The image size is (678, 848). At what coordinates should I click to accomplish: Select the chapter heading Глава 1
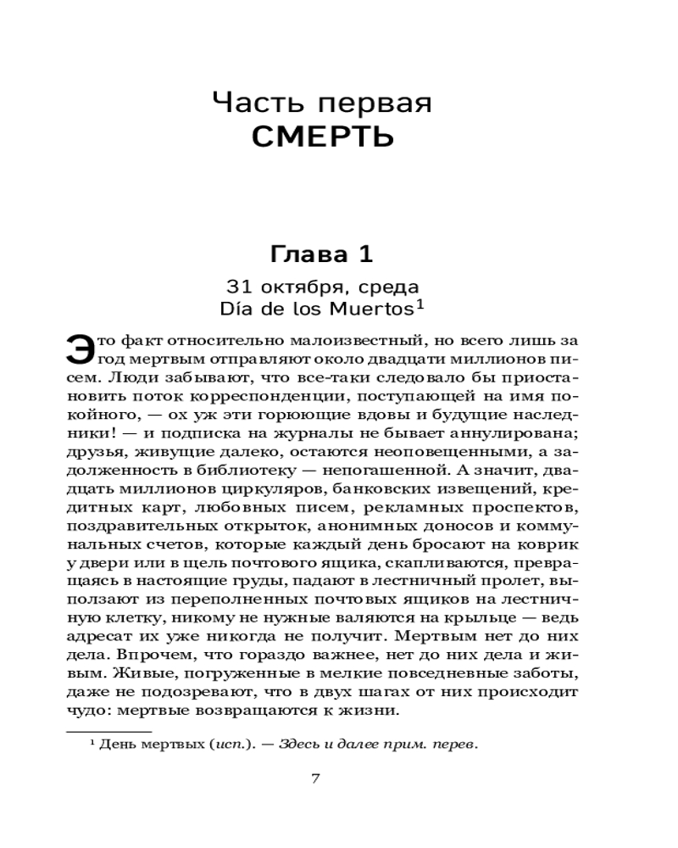[x=321, y=254]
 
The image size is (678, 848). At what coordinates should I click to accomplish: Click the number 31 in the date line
[x=238, y=285]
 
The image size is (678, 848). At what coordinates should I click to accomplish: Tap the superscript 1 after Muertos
[x=419, y=303]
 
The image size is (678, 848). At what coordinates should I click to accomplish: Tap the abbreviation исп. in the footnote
[x=221, y=746]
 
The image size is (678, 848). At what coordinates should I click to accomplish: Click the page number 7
[x=315, y=778]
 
